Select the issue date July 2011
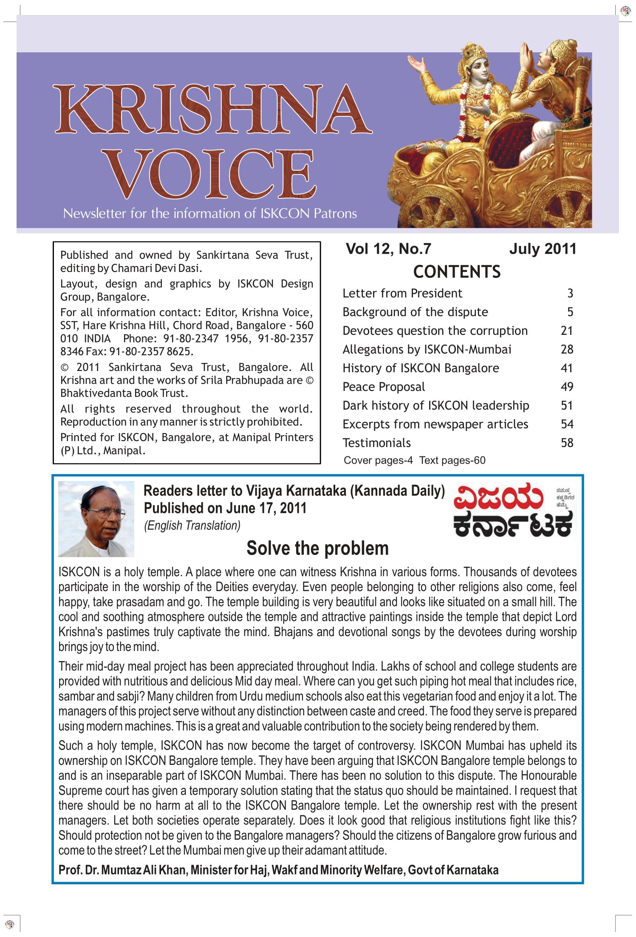tap(543, 249)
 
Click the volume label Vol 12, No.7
tap(388, 249)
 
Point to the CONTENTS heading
tap(457, 272)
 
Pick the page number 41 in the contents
tap(567, 368)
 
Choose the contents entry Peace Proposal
tap(384, 387)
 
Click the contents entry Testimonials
tap(377, 443)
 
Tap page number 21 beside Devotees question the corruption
tap(567, 331)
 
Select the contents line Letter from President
tap(402, 293)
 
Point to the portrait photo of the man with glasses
tap(96, 519)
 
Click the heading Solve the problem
tap(317, 548)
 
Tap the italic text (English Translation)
tap(192, 526)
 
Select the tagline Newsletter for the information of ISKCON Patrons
tap(210, 213)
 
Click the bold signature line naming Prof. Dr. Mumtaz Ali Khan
tap(278, 870)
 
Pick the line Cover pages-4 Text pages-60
tap(414, 460)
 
